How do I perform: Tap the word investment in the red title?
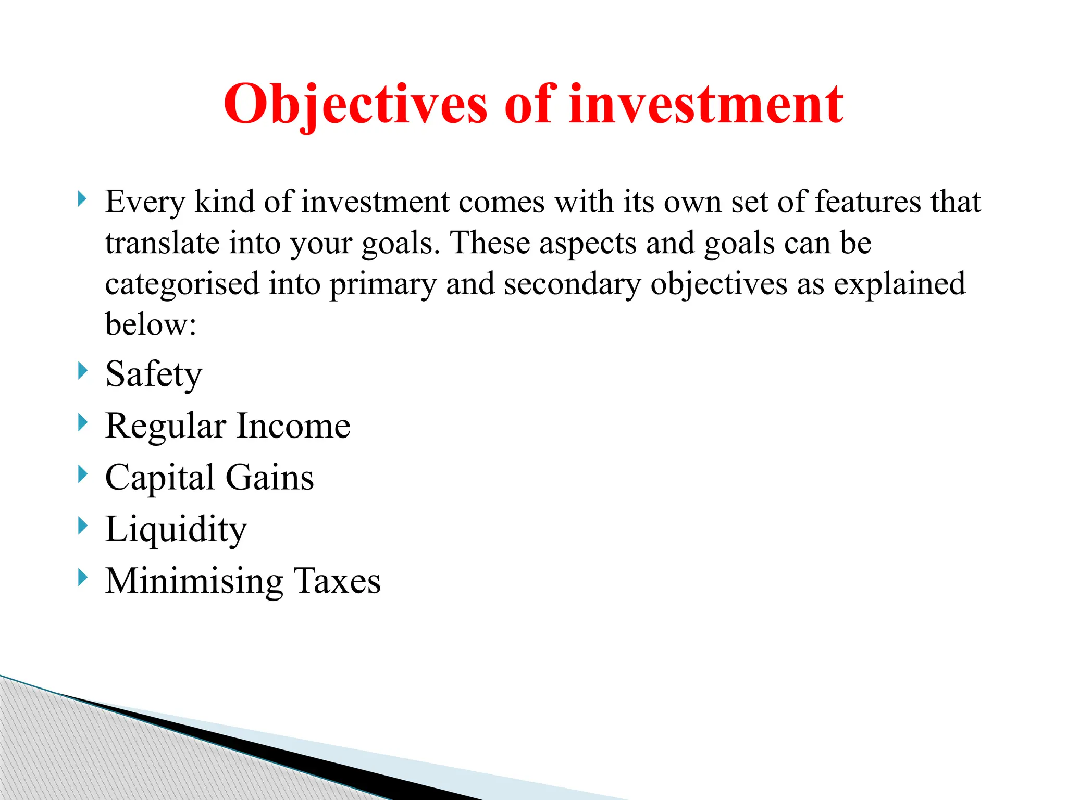click(706, 105)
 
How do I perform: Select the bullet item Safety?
click(154, 374)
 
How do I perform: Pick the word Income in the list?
click(293, 426)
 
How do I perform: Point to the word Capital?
click(160, 478)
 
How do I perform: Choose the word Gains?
click(269, 478)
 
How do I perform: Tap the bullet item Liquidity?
click(176, 530)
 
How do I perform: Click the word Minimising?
click(194, 581)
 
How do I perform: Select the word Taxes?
click(337, 580)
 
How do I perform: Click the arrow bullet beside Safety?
click(82, 371)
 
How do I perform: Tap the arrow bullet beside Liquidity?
click(82, 526)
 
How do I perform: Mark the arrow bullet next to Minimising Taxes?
click(82, 577)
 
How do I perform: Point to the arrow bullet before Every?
click(82, 198)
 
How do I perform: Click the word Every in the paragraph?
click(145, 202)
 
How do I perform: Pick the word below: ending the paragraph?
click(151, 324)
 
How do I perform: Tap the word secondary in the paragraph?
click(572, 284)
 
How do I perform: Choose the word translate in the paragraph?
click(162, 243)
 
